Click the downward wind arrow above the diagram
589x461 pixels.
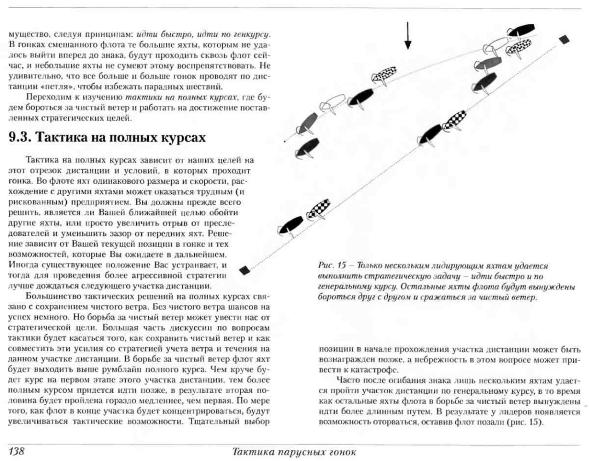(408, 36)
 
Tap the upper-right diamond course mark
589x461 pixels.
(564, 39)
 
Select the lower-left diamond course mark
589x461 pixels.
(245, 270)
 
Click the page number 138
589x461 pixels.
(16, 452)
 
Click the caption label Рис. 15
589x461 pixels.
(331, 266)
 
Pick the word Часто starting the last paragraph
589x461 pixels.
(349, 380)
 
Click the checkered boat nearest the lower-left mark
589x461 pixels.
(318, 209)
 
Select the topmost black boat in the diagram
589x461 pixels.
(521, 30)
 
